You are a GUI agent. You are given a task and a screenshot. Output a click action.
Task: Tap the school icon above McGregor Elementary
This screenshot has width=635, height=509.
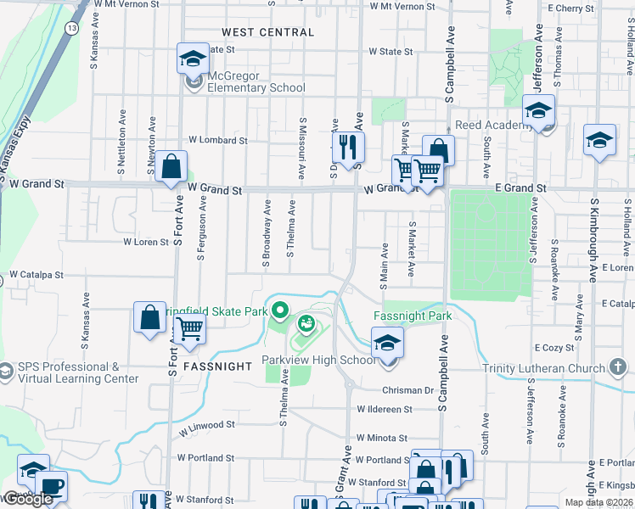(x=194, y=59)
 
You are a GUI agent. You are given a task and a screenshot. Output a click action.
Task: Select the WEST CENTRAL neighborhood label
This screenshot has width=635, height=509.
(x=267, y=32)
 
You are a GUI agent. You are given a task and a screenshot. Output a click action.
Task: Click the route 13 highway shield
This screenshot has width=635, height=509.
(x=72, y=28)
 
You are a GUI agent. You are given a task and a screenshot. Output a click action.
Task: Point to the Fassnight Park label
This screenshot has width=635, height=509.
(x=412, y=316)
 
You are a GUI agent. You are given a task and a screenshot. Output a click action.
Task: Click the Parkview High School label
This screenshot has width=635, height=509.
(x=318, y=360)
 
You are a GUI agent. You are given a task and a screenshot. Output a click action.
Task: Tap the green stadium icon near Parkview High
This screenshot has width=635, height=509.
(x=305, y=322)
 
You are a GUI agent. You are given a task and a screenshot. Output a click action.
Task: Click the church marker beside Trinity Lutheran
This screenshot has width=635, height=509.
(x=619, y=367)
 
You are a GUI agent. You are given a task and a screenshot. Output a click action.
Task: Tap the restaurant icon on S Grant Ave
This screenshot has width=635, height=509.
(x=348, y=148)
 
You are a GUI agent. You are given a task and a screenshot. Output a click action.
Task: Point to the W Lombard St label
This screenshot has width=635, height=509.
(x=217, y=140)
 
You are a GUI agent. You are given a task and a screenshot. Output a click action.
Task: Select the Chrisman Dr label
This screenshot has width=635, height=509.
(x=407, y=390)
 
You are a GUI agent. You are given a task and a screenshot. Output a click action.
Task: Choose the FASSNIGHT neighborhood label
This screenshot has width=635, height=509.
(x=216, y=366)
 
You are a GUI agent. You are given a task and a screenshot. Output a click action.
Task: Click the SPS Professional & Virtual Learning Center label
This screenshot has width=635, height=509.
(x=76, y=373)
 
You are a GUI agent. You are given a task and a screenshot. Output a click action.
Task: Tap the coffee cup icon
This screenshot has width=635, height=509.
(x=51, y=486)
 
